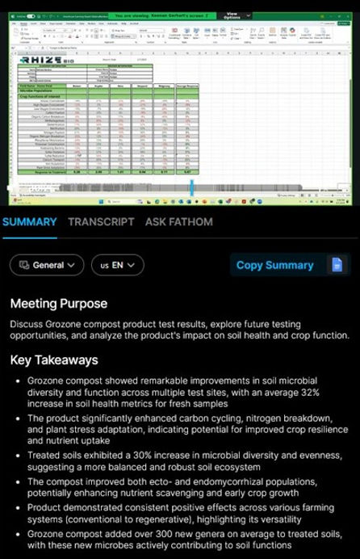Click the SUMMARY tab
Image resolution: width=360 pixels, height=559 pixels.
29,221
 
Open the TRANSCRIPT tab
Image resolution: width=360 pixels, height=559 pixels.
101,221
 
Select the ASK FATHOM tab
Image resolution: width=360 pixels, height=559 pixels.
179,221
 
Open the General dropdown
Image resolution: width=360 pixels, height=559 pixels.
47,265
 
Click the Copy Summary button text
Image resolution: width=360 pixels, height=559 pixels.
274,265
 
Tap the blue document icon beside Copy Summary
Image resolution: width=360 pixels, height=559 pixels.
337,265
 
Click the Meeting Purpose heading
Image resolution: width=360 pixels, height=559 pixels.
59,304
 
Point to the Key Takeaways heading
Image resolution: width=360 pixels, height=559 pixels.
54,360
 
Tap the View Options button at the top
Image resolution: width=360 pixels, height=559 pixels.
232,15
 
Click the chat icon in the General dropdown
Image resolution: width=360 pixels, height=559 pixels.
23,265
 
